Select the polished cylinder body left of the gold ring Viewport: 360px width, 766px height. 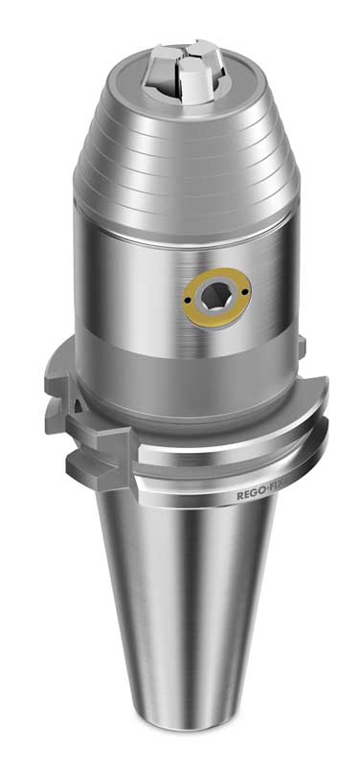pos(124,287)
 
